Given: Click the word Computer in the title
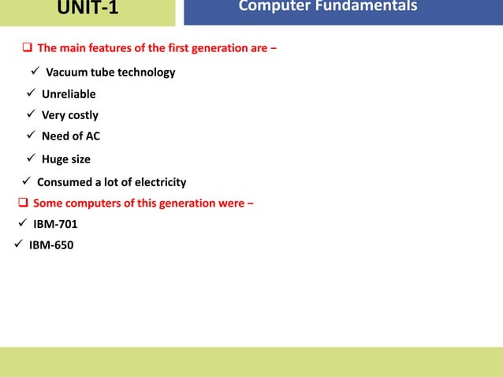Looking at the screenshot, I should pyautogui.click(x=271, y=7).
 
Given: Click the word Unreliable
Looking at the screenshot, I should pyautogui.click(x=69, y=95).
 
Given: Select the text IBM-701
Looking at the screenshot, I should pyautogui.click(x=55, y=224).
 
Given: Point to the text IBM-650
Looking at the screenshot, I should pyautogui.click(x=51, y=244).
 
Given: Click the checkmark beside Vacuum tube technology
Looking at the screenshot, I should pyautogui.click(x=35, y=73).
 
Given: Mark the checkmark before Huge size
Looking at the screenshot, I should pyautogui.click(x=31, y=159).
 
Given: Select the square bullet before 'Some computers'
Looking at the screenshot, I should pyautogui.click(x=23, y=203).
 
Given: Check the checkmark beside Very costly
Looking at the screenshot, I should pyautogui.click(x=31, y=115).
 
